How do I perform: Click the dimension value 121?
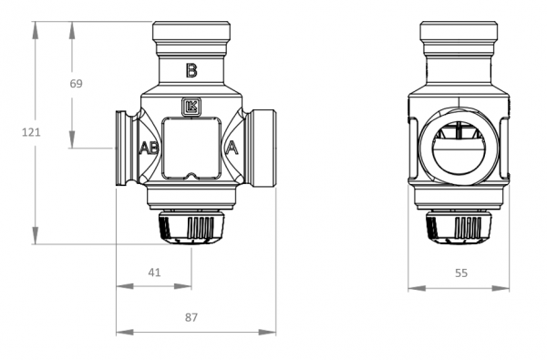pos(31,132)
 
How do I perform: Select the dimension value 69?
pos(76,84)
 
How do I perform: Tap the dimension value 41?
pos(154,273)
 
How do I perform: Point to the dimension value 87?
pos(191,317)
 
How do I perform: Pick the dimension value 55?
pos(461,273)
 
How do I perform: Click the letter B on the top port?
pos(191,70)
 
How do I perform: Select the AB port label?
pos(149,148)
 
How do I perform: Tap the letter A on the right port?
pos(232,148)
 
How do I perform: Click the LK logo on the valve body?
pos(191,107)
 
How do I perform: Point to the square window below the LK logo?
pos(191,149)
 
